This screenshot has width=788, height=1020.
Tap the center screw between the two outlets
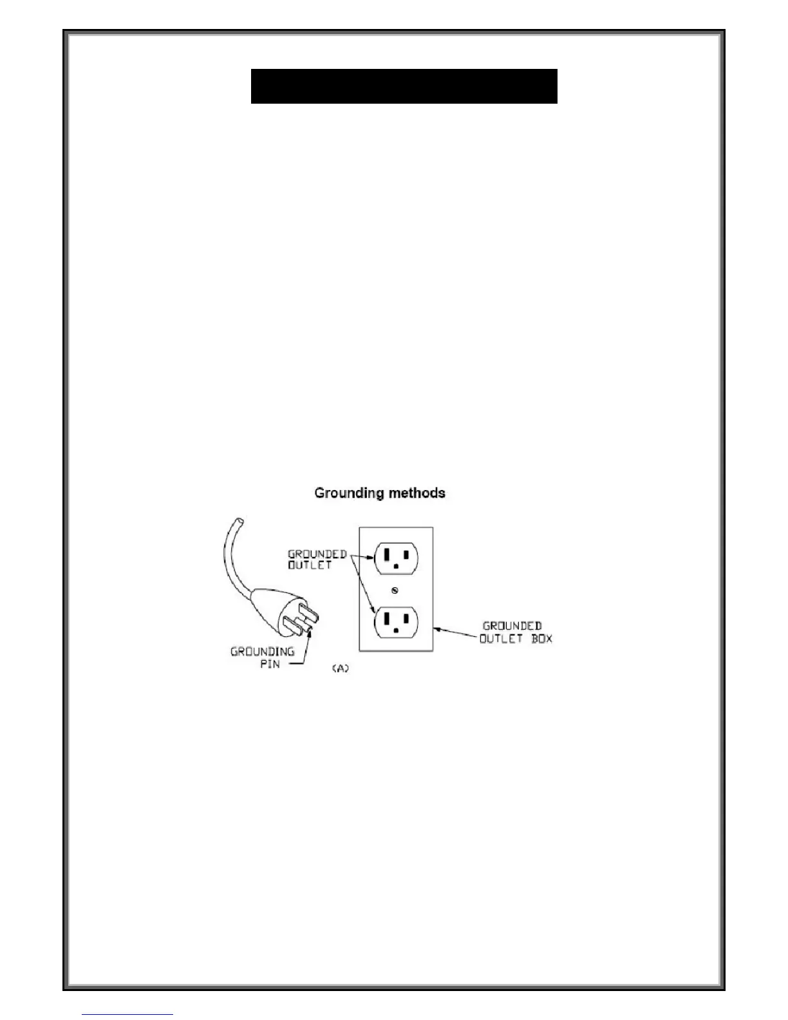point(395,590)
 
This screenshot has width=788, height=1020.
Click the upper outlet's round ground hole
point(396,567)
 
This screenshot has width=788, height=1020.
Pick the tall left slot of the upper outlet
point(386,554)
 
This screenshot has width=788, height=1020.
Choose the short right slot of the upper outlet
point(406,554)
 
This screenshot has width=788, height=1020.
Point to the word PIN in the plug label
point(270,664)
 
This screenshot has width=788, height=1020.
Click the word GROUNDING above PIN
point(263,652)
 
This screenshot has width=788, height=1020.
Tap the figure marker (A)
point(340,669)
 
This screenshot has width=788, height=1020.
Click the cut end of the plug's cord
point(239,520)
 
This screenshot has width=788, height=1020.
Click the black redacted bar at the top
point(404,86)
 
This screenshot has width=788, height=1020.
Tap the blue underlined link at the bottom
point(127,1014)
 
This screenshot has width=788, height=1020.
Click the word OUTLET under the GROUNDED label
point(309,565)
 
